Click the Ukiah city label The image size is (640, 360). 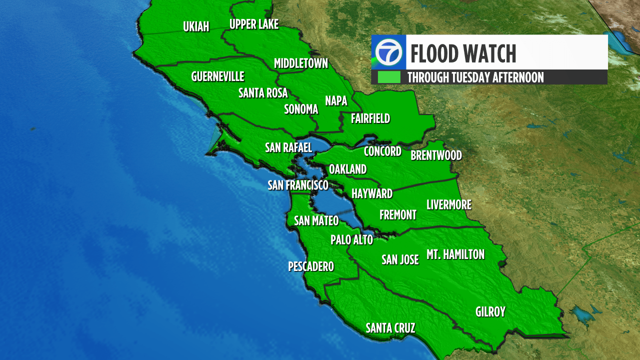point(196,26)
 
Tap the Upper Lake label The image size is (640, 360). point(253,24)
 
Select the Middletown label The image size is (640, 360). point(301,63)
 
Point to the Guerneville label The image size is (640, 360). point(217,76)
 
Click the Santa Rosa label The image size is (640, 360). point(263,93)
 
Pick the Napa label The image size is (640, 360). point(336,101)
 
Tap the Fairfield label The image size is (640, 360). point(370,118)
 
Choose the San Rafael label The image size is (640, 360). point(288,147)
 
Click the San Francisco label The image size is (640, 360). point(298,185)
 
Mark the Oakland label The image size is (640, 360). point(347,169)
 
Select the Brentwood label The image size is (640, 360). point(436,155)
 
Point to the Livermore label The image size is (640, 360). point(448,204)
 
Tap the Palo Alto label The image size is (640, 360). point(351,240)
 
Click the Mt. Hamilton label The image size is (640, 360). point(455,254)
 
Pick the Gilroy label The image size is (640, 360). point(490,312)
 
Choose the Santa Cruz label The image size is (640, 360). point(390,328)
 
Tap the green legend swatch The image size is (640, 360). point(389,77)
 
